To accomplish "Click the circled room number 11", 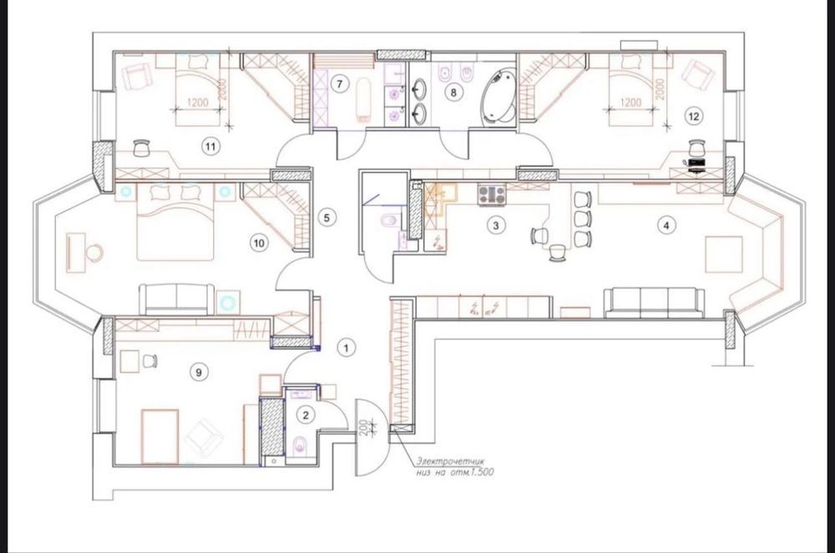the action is [211, 146].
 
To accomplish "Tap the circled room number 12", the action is [693, 116].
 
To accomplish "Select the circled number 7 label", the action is [339, 83].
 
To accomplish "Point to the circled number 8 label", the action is [453, 93].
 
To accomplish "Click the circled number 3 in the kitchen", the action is [496, 225].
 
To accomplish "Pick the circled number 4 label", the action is [666, 225].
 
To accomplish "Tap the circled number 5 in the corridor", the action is [327, 218].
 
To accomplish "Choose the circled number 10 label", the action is [259, 244].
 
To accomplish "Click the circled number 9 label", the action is [199, 372].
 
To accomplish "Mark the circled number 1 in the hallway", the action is [347, 349].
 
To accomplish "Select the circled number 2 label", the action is [305, 415].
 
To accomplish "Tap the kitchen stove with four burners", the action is [492, 194].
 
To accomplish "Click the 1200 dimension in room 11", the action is [197, 102].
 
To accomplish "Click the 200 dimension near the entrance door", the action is [364, 428].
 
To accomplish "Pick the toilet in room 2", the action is [300, 443].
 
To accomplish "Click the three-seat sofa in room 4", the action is [655, 303].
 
